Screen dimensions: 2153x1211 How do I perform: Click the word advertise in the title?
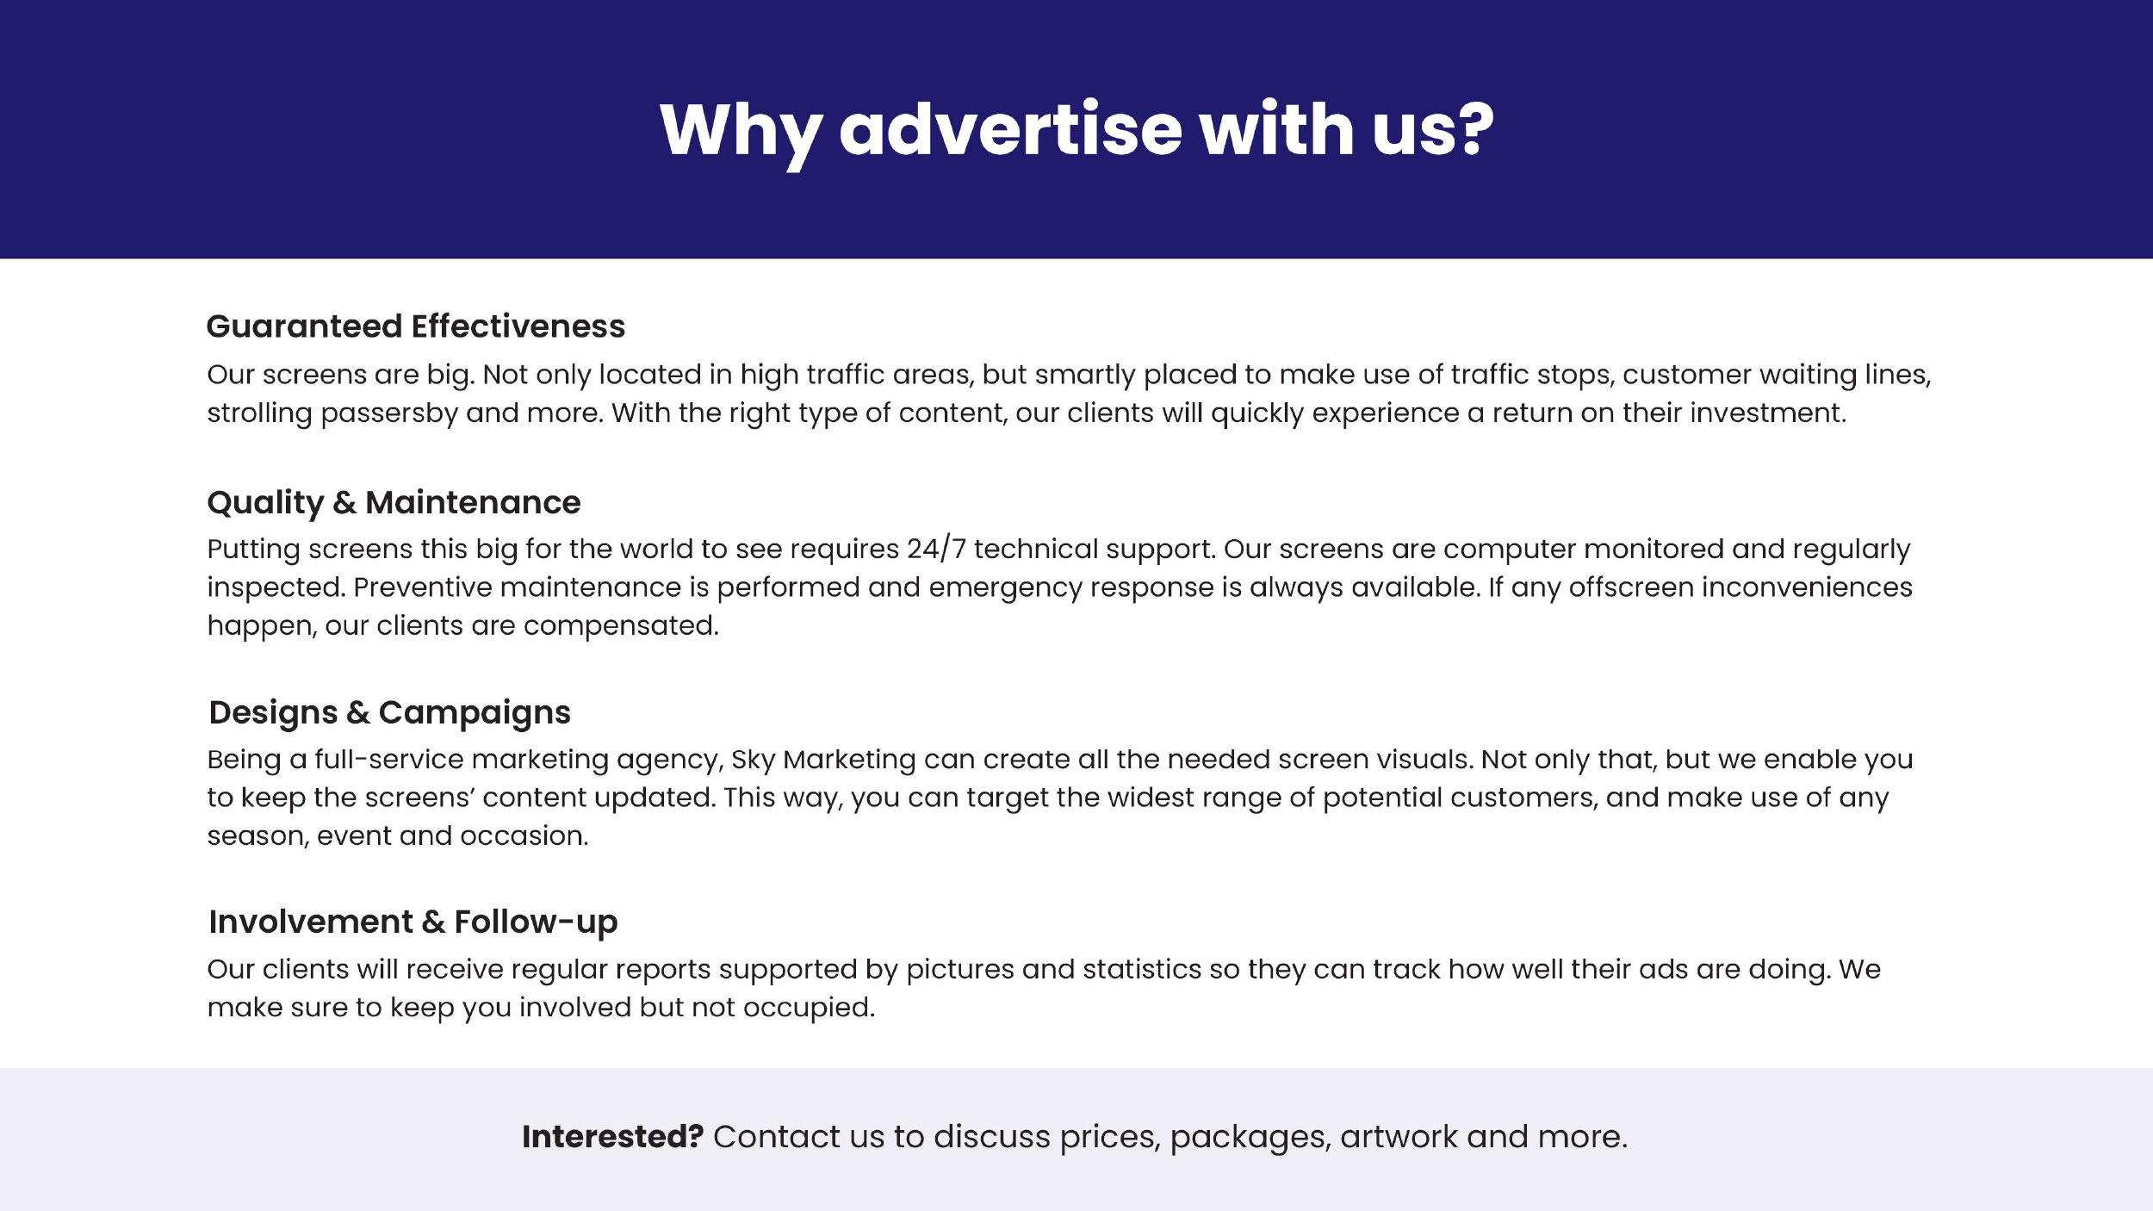point(1010,129)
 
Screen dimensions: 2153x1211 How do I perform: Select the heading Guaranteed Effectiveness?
point(416,326)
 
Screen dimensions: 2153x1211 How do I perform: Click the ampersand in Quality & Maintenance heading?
point(344,502)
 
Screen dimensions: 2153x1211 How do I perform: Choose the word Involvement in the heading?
point(311,922)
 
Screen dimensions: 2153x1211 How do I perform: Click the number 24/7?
point(936,550)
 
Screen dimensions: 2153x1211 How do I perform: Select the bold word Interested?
point(613,1137)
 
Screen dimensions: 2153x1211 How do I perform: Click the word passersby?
point(389,414)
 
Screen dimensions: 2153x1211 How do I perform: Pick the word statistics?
point(1142,969)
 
